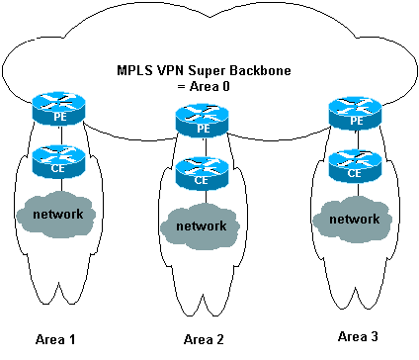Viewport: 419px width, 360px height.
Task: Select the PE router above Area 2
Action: (202, 120)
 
